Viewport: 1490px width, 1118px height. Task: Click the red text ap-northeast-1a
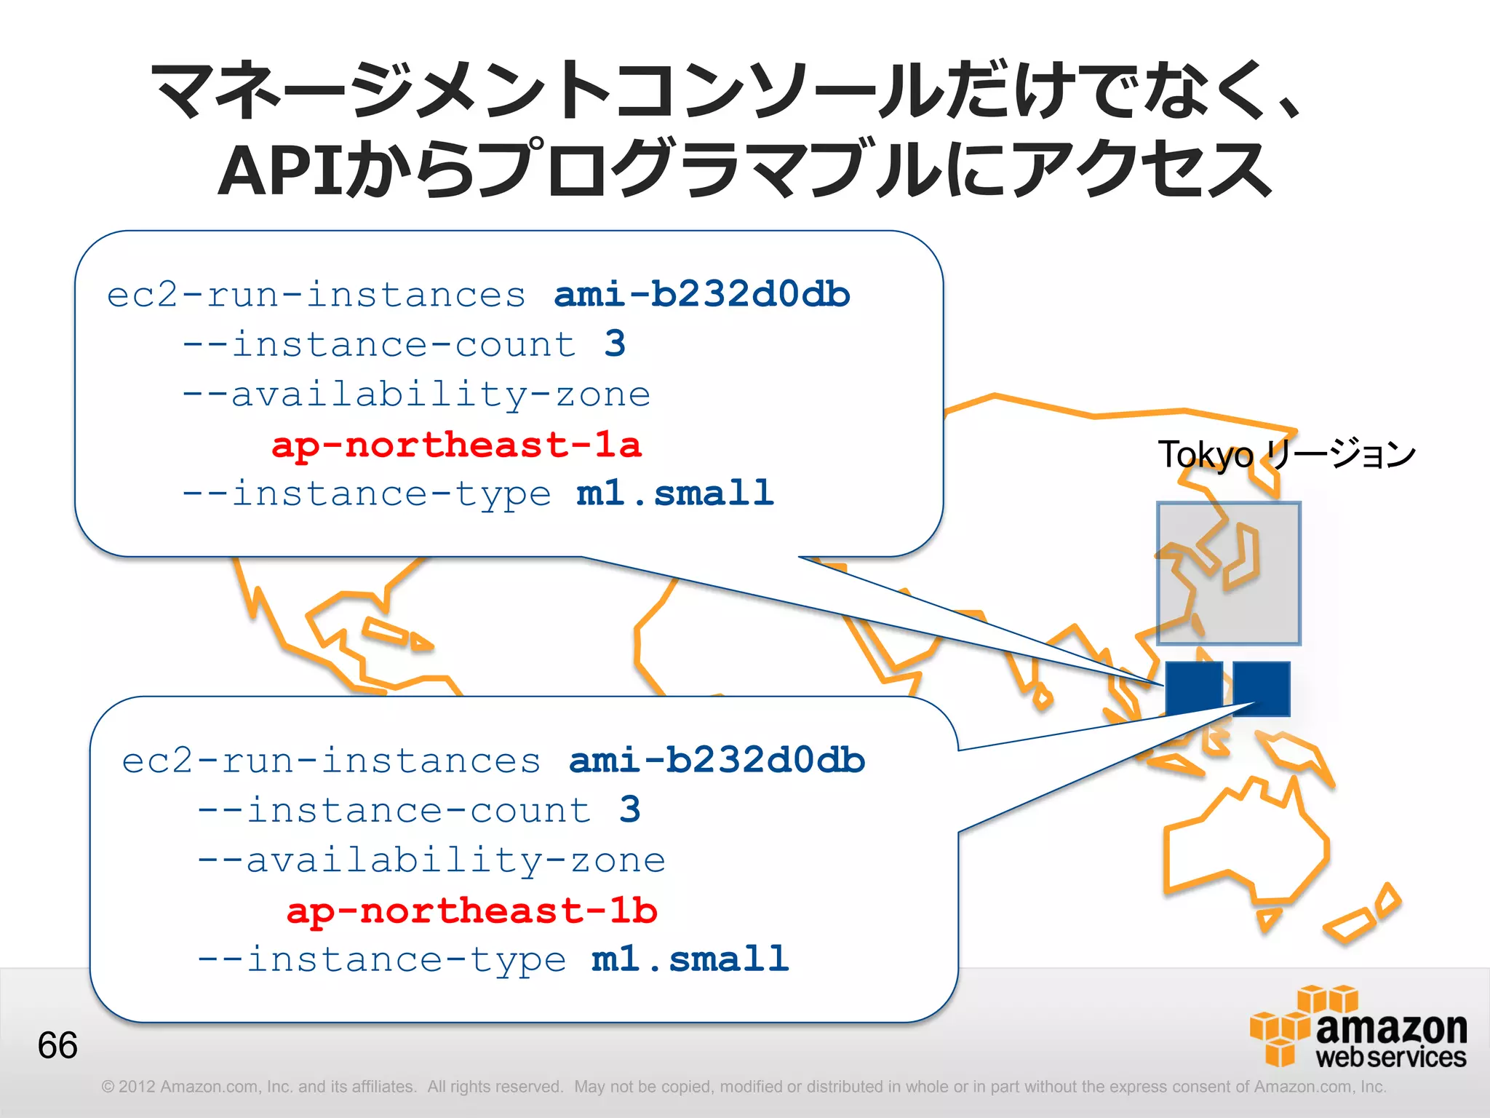(x=456, y=445)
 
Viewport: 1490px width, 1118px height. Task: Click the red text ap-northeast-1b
(x=471, y=911)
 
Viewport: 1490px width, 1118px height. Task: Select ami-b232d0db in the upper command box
(x=702, y=295)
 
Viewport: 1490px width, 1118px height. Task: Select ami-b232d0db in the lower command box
(x=717, y=761)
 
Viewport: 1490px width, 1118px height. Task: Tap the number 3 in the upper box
(x=615, y=344)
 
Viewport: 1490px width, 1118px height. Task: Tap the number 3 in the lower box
(x=630, y=809)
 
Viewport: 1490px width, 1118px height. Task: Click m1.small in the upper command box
(x=675, y=493)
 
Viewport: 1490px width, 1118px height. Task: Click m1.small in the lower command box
(x=690, y=959)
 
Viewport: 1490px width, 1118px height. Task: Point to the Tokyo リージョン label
(x=1286, y=454)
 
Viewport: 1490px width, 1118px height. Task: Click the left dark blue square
(x=1194, y=688)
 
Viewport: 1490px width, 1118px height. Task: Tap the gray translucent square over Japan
(x=1229, y=573)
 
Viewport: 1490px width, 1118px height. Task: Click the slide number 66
(x=57, y=1045)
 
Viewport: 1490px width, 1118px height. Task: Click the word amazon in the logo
(x=1391, y=1028)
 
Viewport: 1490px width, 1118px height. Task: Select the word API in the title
(x=280, y=171)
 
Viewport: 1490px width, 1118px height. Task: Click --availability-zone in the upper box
(x=416, y=395)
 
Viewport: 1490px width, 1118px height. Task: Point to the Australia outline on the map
(x=1244, y=844)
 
